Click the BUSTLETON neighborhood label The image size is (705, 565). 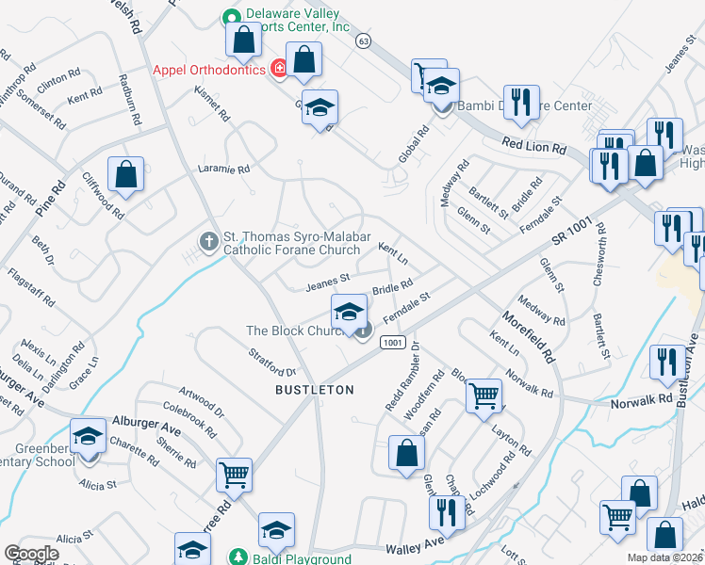(314, 389)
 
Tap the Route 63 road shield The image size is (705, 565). (363, 40)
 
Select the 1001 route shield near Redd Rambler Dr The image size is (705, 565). (394, 345)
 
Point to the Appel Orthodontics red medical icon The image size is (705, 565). (278, 68)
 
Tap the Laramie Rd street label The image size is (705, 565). (223, 169)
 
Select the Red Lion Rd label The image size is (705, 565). (534, 146)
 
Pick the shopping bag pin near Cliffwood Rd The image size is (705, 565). (125, 174)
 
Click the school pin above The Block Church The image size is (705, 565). (349, 313)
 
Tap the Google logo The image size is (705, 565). (31, 554)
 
